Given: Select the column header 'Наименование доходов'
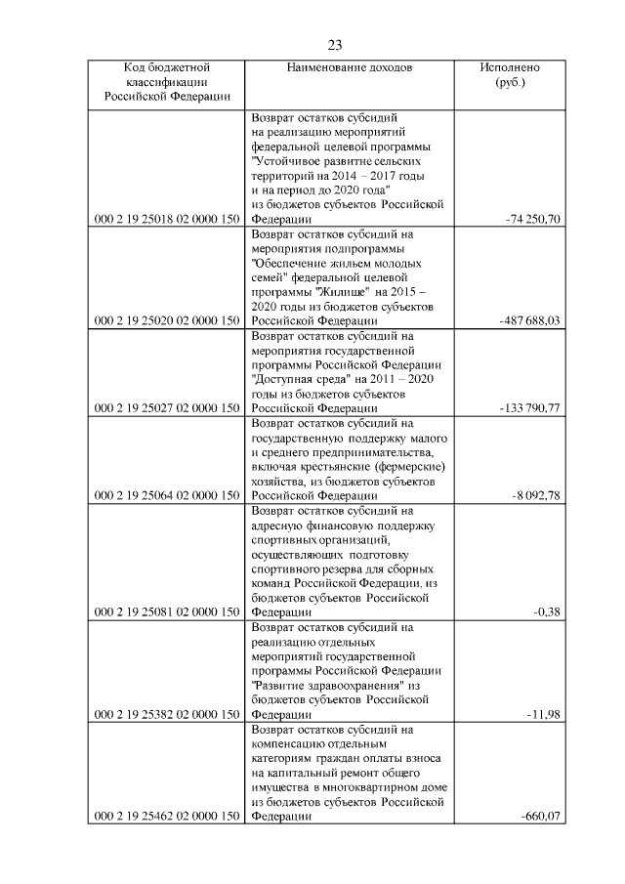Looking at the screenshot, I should coord(350,68).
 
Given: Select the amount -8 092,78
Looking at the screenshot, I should coord(536,496).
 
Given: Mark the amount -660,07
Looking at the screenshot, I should coord(541,817).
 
